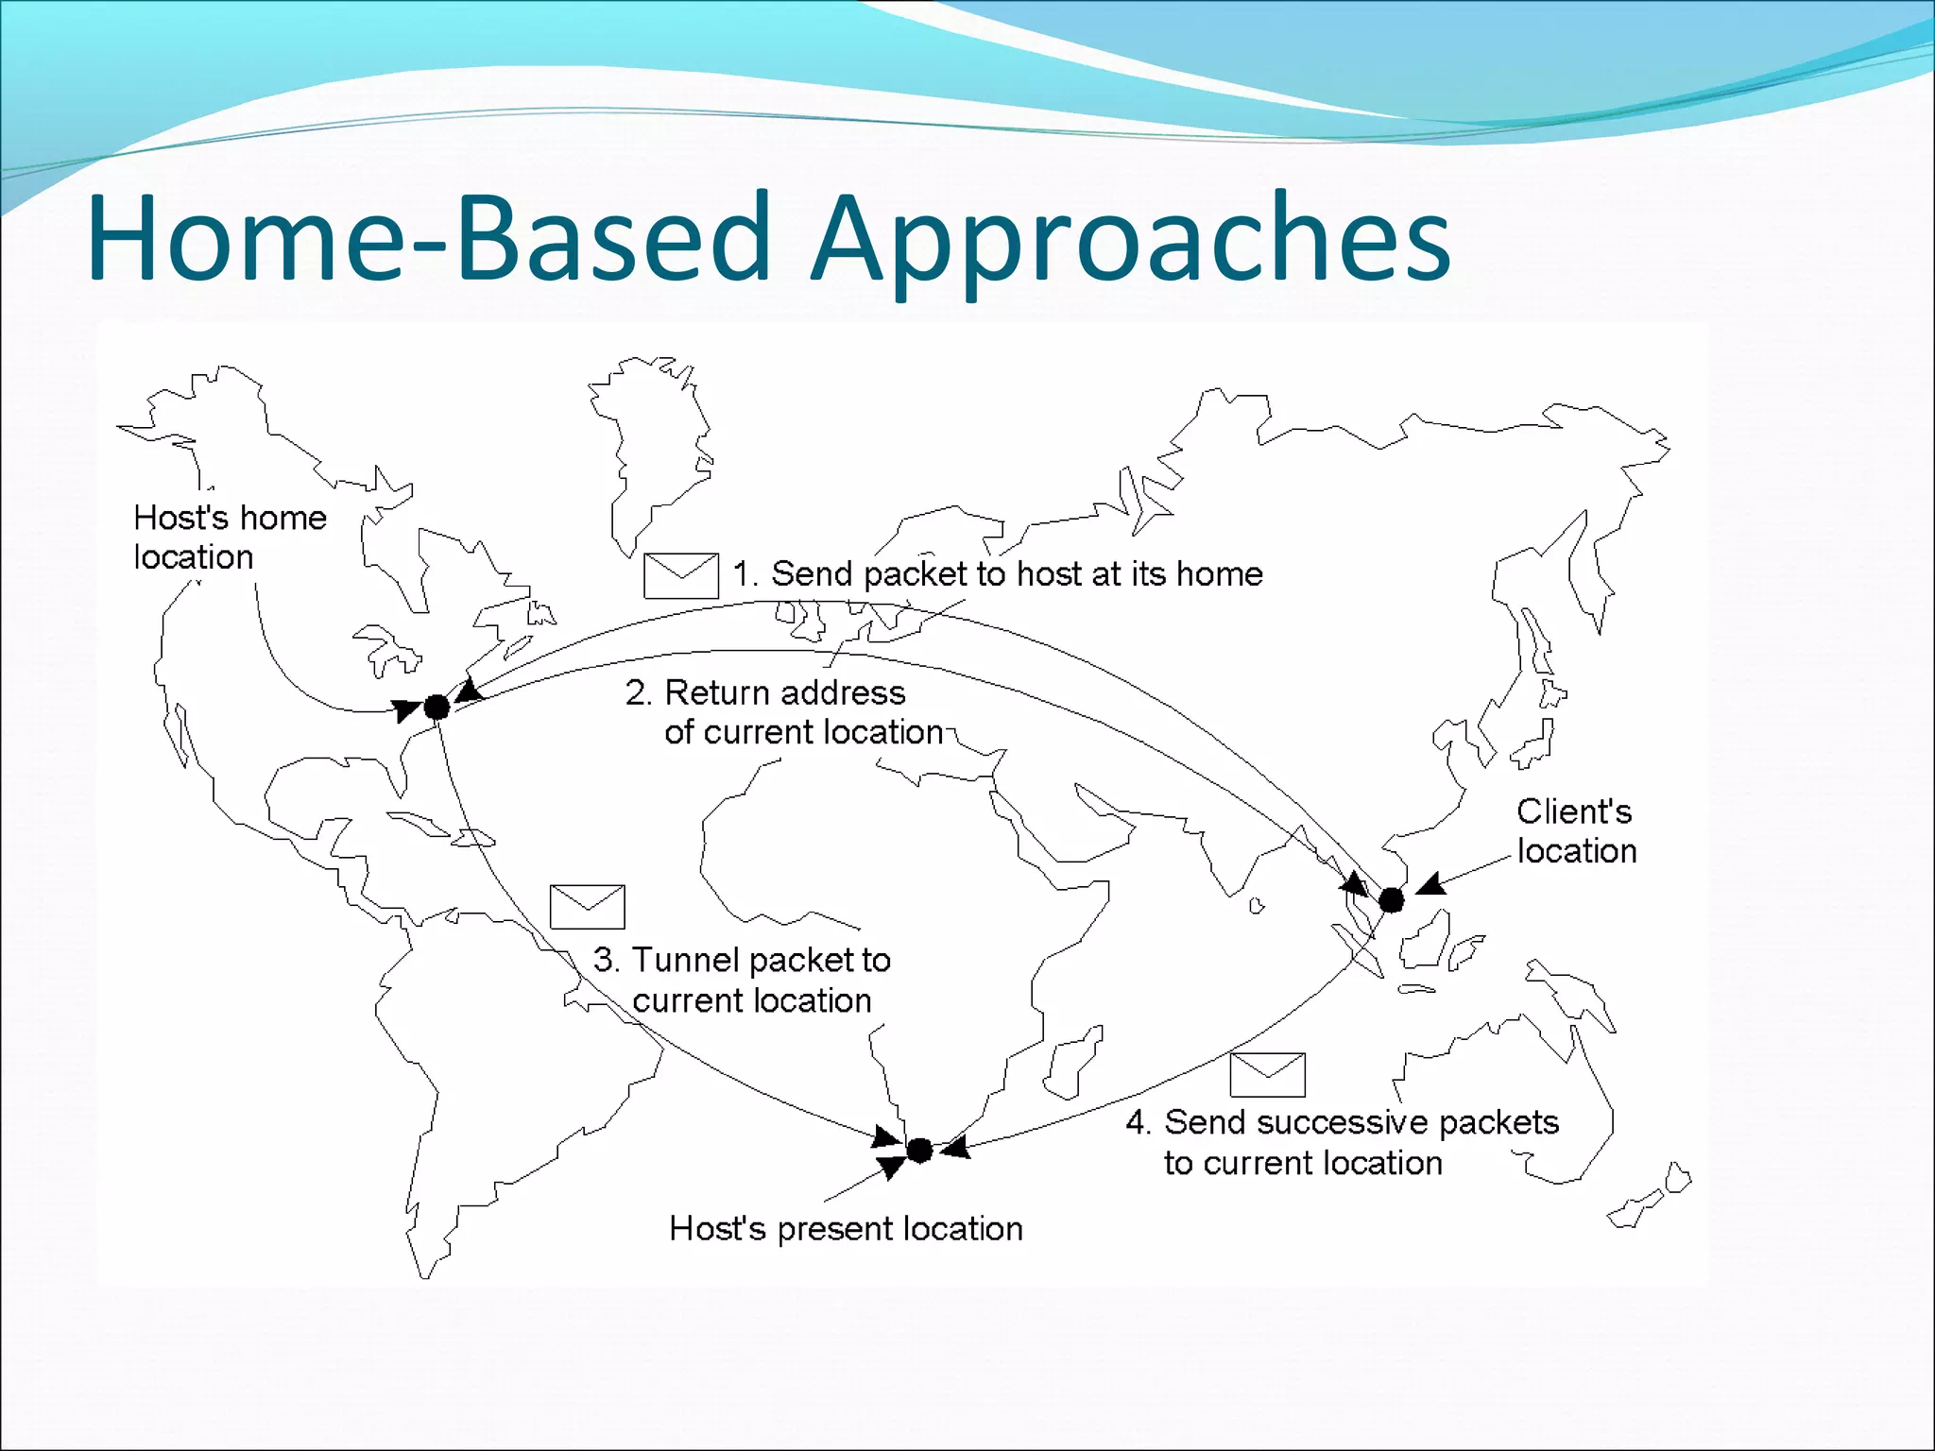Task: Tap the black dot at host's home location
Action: tap(437, 707)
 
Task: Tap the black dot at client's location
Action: tap(1391, 900)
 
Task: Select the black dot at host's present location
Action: tap(919, 1150)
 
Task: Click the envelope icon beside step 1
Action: tap(680, 575)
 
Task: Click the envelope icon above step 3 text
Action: tap(587, 907)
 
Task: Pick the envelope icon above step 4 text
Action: tap(1267, 1074)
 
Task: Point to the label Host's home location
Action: tap(230, 537)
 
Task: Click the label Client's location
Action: tap(1576, 830)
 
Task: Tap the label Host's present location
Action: tap(846, 1228)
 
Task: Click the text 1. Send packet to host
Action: tap(997, 573)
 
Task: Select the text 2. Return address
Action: tap(765, 692)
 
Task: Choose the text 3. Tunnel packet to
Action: tap(743, 960)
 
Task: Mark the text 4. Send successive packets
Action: tap(1342, 1122)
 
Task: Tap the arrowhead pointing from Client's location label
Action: tap(1430, 885)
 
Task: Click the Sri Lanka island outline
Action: tap(1257, 906)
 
